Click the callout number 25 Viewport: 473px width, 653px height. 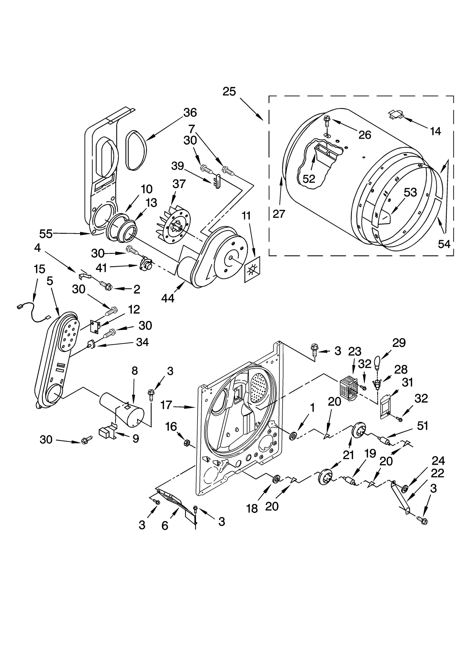(x=229, y=91)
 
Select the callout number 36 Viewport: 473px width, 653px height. (x=190, y=113)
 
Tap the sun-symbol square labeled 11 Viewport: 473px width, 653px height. (x=252, y=269)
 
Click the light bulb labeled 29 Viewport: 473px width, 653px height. (x=377, y=362)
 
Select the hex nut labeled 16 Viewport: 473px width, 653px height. (x=187, y=443)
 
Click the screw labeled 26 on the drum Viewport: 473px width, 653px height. (x=327, y=121)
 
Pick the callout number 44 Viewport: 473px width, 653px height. (x=168, y=298)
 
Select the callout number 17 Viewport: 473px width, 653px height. (x=166, y=405)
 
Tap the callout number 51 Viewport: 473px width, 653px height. (x=422, y=426)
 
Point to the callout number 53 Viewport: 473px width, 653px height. (x=410, y=192)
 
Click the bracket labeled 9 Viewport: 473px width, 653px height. (x=108, y=433)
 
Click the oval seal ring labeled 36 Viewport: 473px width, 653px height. (x=136, y=151)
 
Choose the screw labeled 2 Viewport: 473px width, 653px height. (x=106, y=285)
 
